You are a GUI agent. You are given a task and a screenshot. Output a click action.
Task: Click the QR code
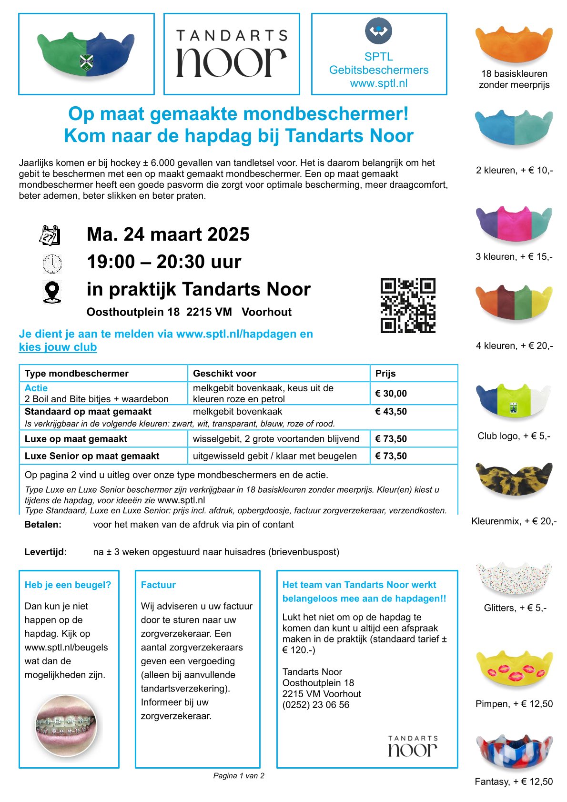(x=408, y=305)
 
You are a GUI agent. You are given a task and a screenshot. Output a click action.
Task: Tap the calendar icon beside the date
(x=50, y=235)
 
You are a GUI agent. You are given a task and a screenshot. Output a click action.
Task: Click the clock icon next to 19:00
(x=52, y=264)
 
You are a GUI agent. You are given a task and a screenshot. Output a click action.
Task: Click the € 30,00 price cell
(x=391, y=394)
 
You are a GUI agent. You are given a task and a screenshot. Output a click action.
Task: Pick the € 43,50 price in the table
(x=391, y=412)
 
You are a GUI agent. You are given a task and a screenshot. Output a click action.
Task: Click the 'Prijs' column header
(x=385, y=374)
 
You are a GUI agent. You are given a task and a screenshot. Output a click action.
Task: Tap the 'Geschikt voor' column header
(x=224, y=374)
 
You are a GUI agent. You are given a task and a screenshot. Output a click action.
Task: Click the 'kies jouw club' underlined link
(x=58, y=347)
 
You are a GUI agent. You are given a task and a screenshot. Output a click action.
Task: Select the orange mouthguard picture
(x=514, y=44)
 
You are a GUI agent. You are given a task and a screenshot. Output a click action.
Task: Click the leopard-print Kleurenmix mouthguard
(x=514, y=479)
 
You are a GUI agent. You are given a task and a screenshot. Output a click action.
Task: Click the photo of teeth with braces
(x=66, y=725)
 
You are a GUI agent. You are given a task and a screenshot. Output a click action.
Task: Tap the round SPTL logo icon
(x=378, y=31)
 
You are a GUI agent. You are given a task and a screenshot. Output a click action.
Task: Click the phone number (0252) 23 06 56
(x=315, y=705)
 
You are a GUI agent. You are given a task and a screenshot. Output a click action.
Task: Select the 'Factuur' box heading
(x=158, y=585)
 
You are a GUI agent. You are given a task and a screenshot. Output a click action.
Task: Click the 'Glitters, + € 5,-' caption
(x=515, y=608)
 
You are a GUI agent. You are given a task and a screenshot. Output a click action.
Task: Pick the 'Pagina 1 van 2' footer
(x=239, y=776)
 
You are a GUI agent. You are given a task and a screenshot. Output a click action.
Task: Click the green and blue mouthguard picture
(x=86, y=54)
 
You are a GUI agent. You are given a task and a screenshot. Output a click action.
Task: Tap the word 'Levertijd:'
(x=45, y=552)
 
